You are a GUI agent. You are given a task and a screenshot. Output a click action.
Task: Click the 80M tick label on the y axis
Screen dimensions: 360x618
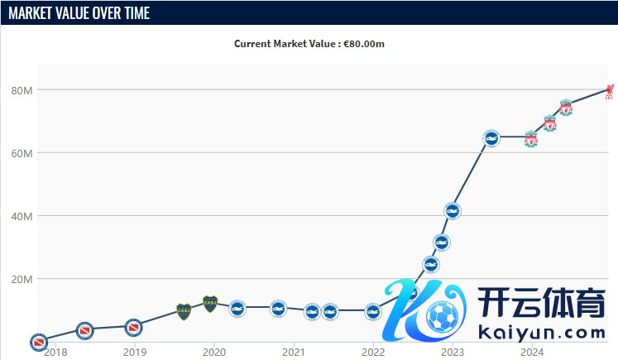pyautogui.click(x=22, y=89)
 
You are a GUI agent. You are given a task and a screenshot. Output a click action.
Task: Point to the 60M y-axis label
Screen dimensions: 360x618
pyautogui.click(x=22, y=153)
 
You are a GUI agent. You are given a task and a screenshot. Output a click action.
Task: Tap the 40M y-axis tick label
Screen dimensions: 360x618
pyautogui.click(x=22, y=216)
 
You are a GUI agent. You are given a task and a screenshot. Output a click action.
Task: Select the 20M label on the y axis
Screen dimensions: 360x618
pyautogui.click(x=22, y=279)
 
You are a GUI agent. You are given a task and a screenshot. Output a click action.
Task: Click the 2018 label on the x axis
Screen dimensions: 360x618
pyautogui.click(x=55, y=352)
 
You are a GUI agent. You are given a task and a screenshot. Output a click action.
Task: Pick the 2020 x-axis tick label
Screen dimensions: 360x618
pyautogui.click(x=214, y=352)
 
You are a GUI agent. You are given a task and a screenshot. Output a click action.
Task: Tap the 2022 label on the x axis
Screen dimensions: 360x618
pyautogui.click(x=373, y=352)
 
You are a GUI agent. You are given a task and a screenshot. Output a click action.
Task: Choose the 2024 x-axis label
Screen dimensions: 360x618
pyautogui.click(x=532, y=352)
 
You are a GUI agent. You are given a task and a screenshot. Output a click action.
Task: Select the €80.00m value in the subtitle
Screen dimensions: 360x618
pyautogui.click(x=364, y=43)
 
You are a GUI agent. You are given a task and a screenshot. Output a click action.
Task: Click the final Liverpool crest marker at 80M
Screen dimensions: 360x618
pyautogui.click(x=610, y=89)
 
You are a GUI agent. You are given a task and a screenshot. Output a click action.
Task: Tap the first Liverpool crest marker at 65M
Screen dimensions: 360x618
pyautogui.click(x=531, y=138)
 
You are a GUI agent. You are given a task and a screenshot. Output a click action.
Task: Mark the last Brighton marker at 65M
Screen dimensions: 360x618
pyautogui.click(x=491, y=138)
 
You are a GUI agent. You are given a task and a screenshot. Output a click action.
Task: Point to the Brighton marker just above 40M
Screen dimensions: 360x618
pyautogui.click(x=452, y=212)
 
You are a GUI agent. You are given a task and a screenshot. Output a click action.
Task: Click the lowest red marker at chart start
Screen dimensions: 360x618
pyautogui.click(x=38, y=341)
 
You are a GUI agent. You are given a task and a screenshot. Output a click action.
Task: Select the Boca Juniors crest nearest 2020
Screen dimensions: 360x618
pyautogui.click(x=210, y=304)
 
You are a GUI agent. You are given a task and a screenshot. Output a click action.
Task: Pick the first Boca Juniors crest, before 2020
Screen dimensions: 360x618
pyautogui.click(x=184, y=311)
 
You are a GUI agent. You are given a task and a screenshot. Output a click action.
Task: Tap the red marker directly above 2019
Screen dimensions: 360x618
pyautogui.click(x=133, y=328)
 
